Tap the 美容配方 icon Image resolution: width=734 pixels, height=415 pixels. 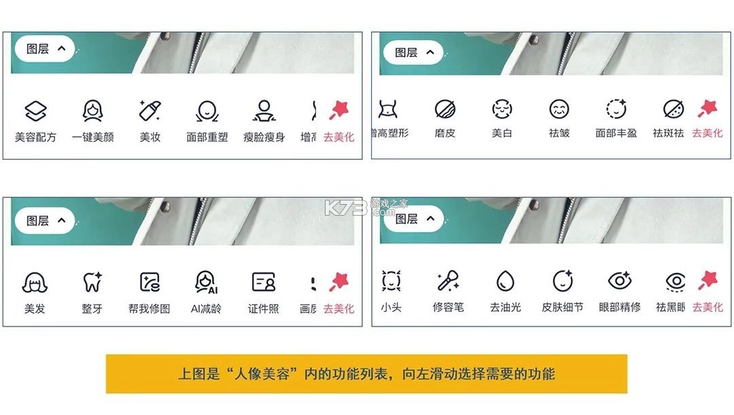35,110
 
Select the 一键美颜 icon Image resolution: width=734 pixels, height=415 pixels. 92,110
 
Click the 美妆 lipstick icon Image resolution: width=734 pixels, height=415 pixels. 150,110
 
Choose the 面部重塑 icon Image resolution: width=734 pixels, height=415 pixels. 207,110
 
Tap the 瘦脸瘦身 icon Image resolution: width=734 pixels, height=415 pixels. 264,110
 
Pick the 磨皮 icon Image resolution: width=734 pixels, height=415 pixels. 445,109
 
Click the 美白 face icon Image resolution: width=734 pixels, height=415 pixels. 502,109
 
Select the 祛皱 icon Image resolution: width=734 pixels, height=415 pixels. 559,109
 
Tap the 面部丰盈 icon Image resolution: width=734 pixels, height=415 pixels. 616,109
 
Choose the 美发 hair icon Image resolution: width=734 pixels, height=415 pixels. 35,282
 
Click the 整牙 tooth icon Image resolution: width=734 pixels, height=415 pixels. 92,282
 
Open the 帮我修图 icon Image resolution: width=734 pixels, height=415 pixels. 150,282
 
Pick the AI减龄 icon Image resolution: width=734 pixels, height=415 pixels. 206,282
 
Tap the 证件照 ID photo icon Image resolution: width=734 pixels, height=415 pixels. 263,282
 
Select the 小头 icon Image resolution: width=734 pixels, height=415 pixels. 391,280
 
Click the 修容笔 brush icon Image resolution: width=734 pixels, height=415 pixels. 448,280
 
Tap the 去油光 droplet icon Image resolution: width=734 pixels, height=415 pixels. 505,280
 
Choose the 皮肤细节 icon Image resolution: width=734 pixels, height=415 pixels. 562,280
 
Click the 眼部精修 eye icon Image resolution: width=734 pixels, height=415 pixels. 619,280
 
